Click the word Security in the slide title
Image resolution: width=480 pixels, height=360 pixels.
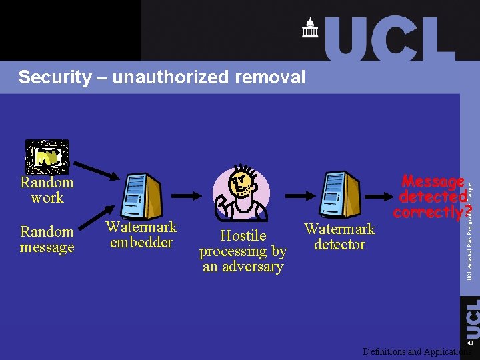[x=53, y=77]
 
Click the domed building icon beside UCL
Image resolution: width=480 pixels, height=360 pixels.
[x=310, y=28]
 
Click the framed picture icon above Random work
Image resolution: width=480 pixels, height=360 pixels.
[x=46, y=156]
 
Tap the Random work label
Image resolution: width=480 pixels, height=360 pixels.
[x=47, y=190]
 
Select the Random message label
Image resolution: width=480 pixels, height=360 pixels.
[x=47, y=239]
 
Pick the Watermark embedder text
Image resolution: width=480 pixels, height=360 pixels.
[x=141, y=235]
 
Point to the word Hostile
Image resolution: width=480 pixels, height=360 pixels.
[x=243, y=235]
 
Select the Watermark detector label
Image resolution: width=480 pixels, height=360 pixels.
[x=339, y=237]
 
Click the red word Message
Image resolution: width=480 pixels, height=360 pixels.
[x=433, y=182]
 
